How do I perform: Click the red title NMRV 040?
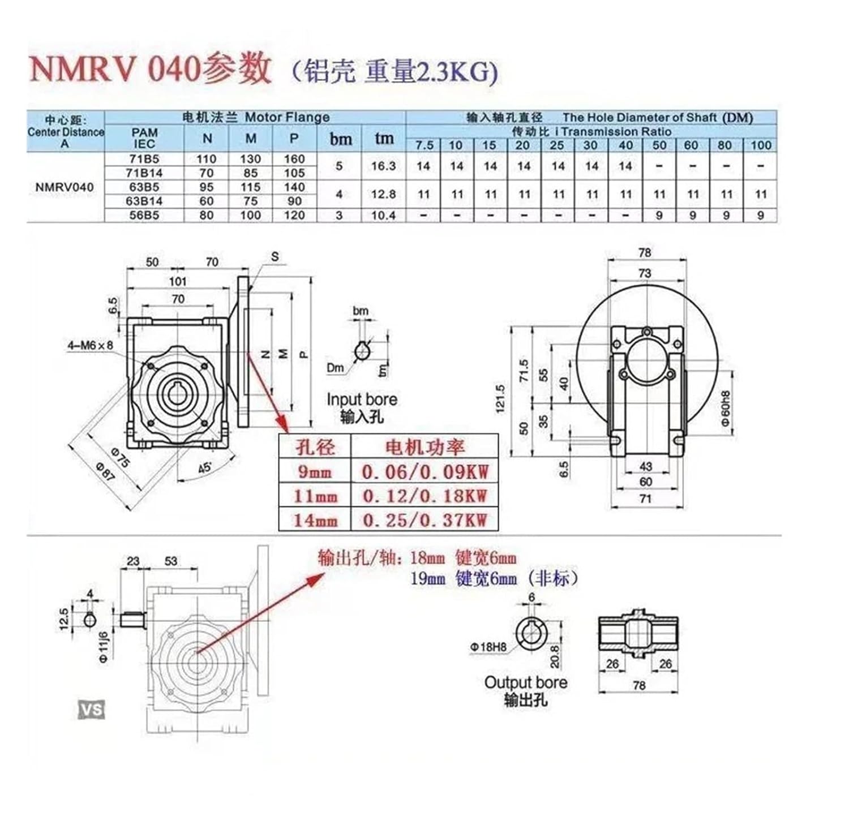pyautogui.click(x=113, y=69)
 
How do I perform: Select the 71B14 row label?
pyautogui.click(x=144, y=173)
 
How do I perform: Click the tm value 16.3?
pyautogui.click(x=383, y=166)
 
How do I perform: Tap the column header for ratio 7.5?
pyautogui.click(x=423, y=145)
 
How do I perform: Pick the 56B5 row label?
pyautogui.click(x=144, y=216)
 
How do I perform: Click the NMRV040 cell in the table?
pyautogui.click(x=65, y=187)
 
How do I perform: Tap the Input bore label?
pyautogui.click(x=361, y=399)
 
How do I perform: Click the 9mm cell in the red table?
pyautogui.click(x=315, y=472)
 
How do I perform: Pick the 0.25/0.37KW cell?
pyautogui.click(x=424, y=519)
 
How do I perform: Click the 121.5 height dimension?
pyautogui.click(x=500, y=399)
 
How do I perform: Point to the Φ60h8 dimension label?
pyautogui.click(x=726, y=409)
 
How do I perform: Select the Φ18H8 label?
pyautogui.click(x=487, y=647)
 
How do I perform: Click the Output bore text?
pyautogui.click(x=525, y=682)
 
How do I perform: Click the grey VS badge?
pyautogui.click(x=92, y=709)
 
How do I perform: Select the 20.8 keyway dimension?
pyautogui.click(x=555, y=656)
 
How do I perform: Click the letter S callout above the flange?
pyautogui.click(x=275, y=256)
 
